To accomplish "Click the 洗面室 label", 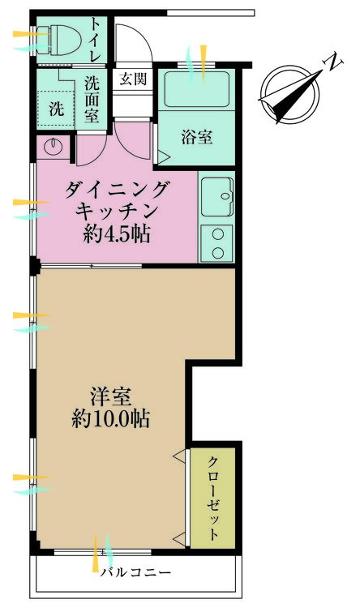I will [92, 97].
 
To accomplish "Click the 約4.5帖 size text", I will [118, 237].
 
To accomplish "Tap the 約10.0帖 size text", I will [110, 420].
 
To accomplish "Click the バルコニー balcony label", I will [136, 572].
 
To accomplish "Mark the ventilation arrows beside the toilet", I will [31, 40].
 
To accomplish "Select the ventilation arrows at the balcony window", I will [101, 553].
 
